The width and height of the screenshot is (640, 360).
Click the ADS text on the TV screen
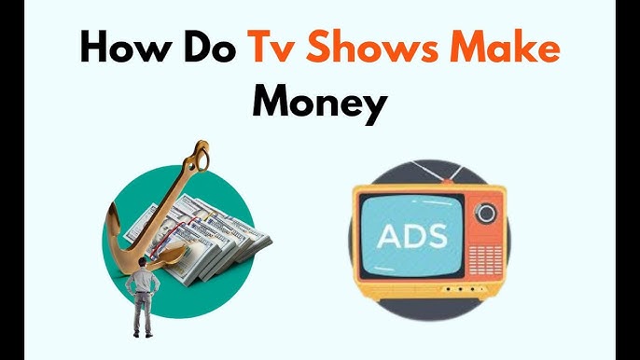(413, 234)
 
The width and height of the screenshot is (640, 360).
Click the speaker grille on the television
(486, 252)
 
